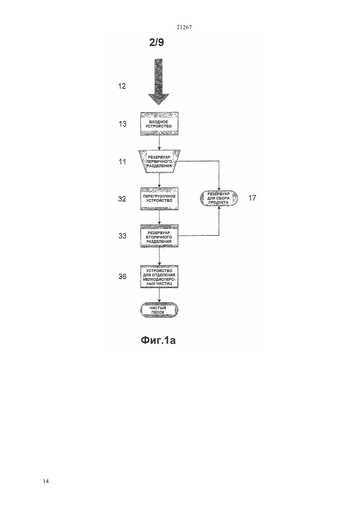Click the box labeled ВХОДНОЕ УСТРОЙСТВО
pyautogui.click(x=159, y=124)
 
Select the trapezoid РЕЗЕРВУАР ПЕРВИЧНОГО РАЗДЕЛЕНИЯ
pyautogui.click(x=159, y=161)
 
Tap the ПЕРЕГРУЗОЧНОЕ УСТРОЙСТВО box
pyautogui.click(x=159, y=199)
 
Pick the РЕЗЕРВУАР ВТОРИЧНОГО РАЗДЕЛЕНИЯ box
pyautogui.click(x=159, y=236)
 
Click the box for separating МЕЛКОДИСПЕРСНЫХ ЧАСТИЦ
pyautogui.click(x=159, y=276)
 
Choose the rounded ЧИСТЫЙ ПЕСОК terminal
pyautogui.click(x=159, y=310)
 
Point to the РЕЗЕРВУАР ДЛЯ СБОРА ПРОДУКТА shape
pyautogui.click(x=219, y=198)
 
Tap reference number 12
pyautogui.click(x=122, y=86)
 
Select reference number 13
pyautogui.click(x=122, y=124)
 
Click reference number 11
pyautogui.click(x=122, y=162)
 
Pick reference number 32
pyautogui.click(x=122, y=199)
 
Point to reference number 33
pyautogui.click(x=122, y=236)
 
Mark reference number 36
pyautogui.click(x=122, y=276)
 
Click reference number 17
pyautogui.click(x=252, y=198)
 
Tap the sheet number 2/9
pyautogui.click(x=156, y=43)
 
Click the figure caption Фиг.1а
pyautogui.click(x=158, y=340)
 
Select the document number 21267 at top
pyautogui.click(x=184, y=27)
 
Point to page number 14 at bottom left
pyautogui.click(x=46, y=481)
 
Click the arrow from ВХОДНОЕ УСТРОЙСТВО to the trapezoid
pyautogui.click(x=159, y=143)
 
